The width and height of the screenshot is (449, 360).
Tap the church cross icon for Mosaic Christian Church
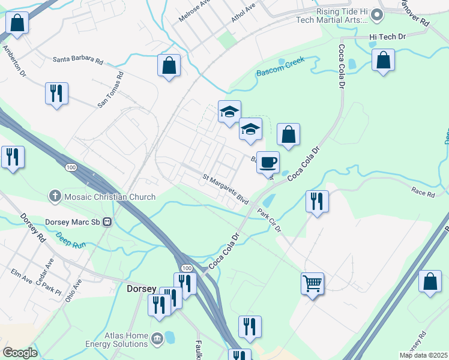(x=55, y=196)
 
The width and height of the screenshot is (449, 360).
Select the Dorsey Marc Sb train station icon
(x=108, y=221)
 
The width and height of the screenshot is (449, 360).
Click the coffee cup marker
(x=268, y=162)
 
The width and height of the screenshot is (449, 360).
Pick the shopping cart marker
(x=312, y=283)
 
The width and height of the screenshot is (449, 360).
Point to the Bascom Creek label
(x=281, y=68)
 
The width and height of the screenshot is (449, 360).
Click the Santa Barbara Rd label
(x=78, y=61)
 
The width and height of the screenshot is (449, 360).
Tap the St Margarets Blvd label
(x=225, y=188)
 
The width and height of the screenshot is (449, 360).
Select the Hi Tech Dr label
(x=387, y=37)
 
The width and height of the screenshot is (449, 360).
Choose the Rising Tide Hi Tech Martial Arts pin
(x=377, y=14)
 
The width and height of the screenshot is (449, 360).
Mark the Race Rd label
(x=423, y=193)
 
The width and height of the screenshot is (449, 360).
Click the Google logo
(x=20, y=353)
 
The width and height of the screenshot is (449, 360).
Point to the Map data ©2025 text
(x=423, y=355)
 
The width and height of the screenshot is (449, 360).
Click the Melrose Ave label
(x=194, y=11)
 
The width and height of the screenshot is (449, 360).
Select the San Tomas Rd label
(x=110, y=90)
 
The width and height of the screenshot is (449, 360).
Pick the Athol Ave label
(x=244, y=12)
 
